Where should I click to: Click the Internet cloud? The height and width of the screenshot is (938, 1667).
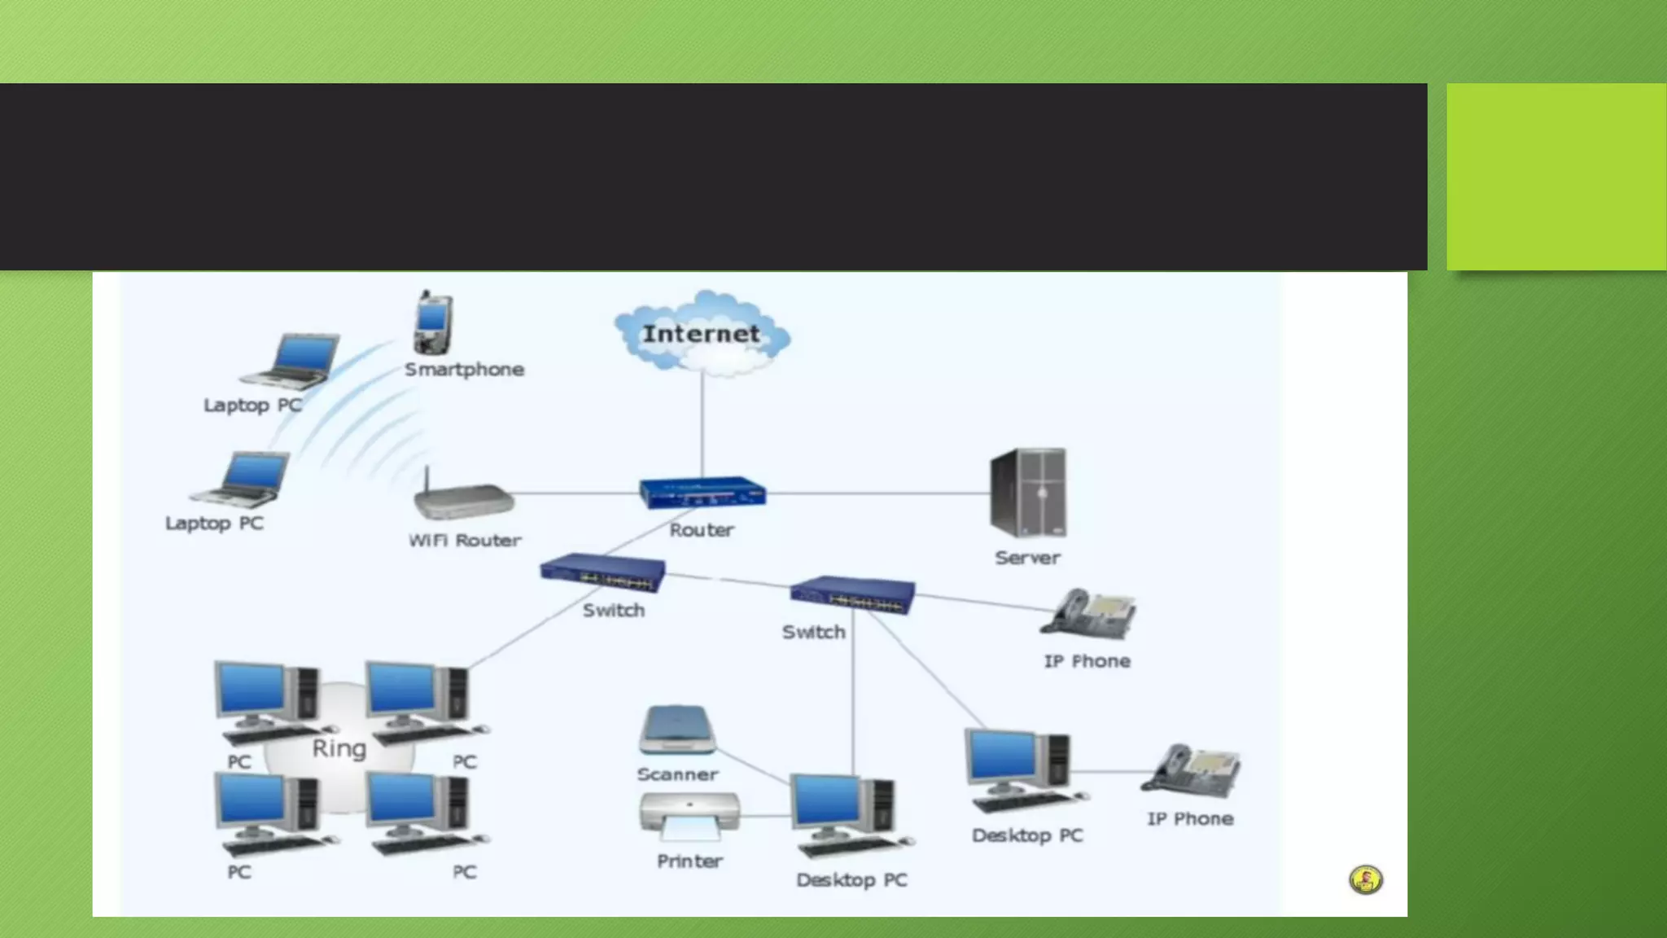702,334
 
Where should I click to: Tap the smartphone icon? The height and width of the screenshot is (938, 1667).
432,322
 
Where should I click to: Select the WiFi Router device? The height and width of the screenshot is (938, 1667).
462,497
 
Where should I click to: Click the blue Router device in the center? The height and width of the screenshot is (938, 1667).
702,492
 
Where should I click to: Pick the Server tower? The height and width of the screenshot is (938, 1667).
1028,493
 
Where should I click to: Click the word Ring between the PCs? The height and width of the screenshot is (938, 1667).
339,748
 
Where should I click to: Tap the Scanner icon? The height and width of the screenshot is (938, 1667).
677,730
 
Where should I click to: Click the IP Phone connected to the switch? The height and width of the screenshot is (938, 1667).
1089,615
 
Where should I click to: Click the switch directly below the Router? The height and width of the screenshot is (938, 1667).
602,573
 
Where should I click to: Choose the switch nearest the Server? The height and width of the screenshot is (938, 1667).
852,595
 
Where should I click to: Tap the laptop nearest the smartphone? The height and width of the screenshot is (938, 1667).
291,360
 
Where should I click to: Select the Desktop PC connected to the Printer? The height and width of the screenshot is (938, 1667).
847,814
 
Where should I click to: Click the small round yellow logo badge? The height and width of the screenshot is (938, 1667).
1366,879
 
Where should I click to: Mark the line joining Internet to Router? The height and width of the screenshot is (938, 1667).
702,423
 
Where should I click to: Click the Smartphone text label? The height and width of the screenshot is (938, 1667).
464,370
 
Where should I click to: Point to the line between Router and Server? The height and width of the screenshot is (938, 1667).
879,493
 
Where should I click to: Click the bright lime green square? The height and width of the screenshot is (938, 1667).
1555,177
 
